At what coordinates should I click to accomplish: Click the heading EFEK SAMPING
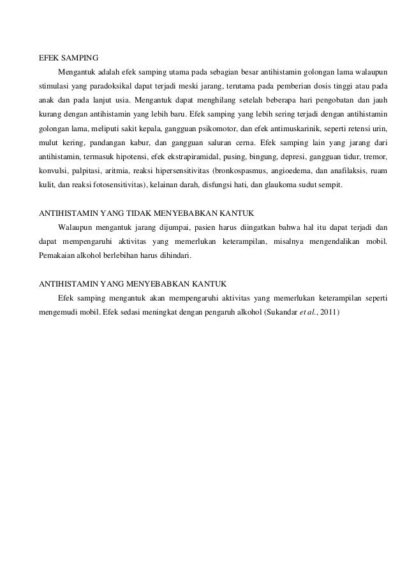[68, 55]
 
